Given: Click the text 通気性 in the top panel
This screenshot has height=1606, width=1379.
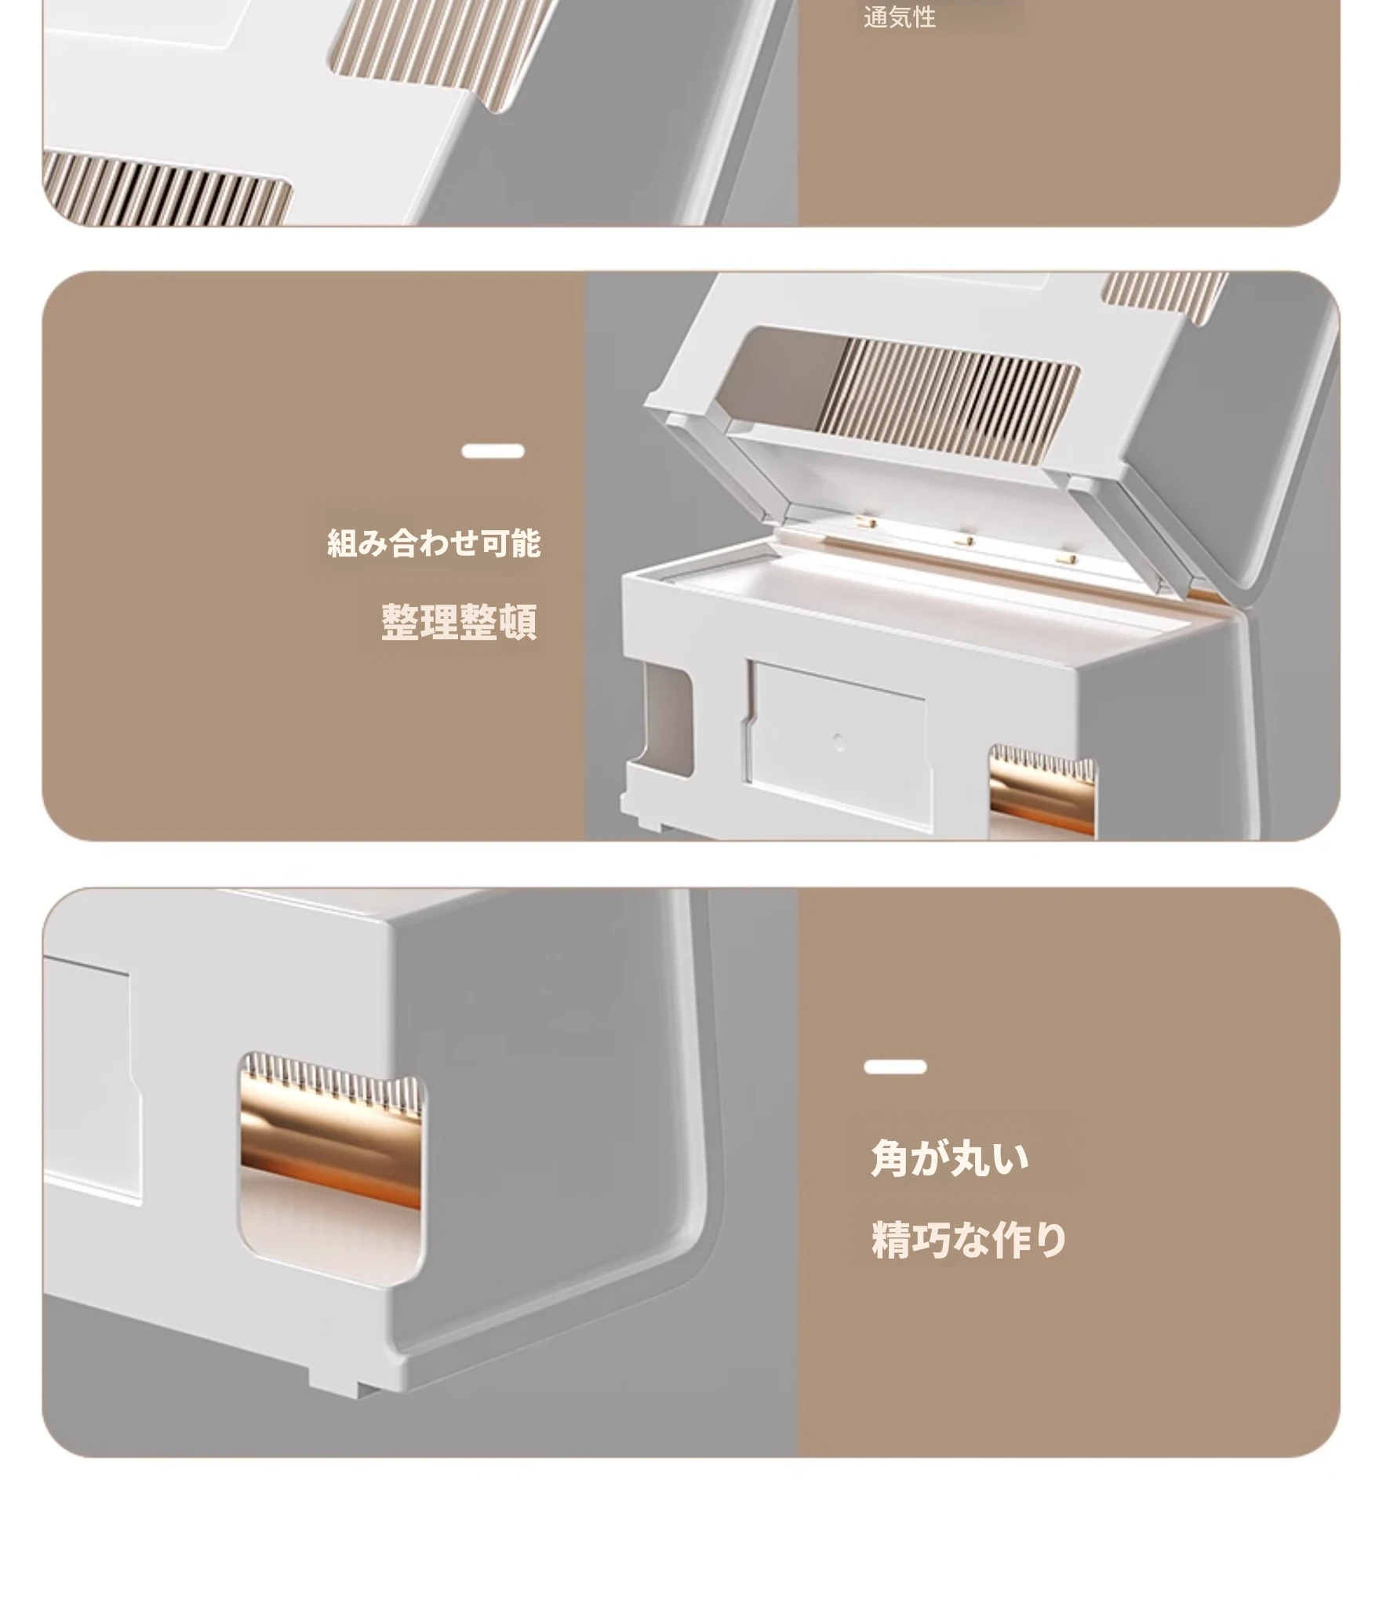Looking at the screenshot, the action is coord(899,17).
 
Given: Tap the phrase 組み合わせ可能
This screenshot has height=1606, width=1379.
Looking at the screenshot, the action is coord(434,543).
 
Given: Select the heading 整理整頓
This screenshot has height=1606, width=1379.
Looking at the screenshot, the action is coord(460,622).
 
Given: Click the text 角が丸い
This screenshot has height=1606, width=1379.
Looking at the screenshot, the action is coord(949,1158).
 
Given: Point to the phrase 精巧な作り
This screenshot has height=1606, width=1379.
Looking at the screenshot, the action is coord(969,1240).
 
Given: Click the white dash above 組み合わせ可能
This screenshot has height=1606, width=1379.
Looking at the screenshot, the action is coord(493,451).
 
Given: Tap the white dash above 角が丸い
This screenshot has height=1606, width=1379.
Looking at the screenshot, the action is coord(895,1066).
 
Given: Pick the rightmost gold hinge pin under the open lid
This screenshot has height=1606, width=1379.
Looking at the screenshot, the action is coord(1065,558).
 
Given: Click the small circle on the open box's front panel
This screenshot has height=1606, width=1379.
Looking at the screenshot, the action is coord(839,742).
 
